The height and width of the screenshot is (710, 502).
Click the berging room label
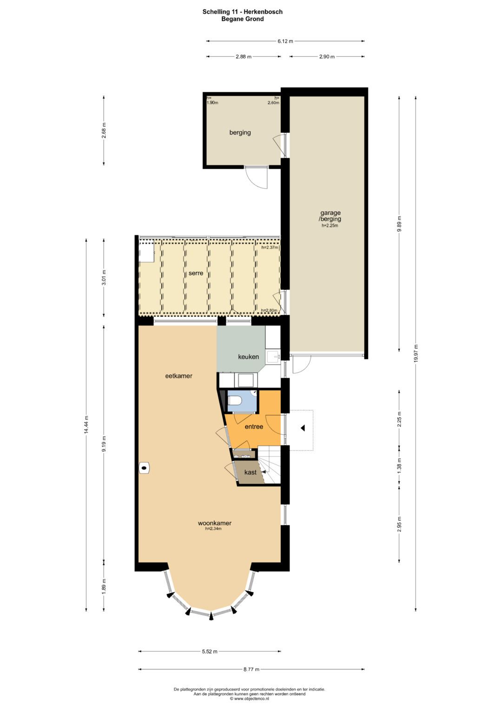(240, 133)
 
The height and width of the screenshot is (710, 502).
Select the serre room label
(196, 273)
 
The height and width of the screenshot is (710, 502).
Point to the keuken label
(249, 357)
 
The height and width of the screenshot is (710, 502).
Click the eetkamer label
(179, 376)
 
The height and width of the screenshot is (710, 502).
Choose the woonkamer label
(215, 523)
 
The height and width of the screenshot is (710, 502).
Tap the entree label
(254, 427)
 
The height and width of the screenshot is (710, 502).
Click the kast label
(251, 472)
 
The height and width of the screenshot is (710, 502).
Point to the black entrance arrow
(303, 428)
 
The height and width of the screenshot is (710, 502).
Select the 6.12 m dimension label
(285, 41)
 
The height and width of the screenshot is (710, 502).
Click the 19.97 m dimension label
(416, 353)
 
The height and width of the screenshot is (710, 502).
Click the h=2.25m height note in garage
(330, 226)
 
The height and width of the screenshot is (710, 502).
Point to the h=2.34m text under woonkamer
(213, 528)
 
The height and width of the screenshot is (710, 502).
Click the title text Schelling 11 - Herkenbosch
(243, 12)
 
